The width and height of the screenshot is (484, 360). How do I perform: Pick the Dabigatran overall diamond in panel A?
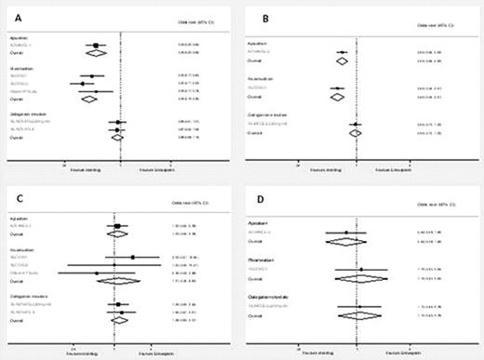point(117,137)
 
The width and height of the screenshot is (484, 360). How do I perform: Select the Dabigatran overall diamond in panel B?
point(354,133)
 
